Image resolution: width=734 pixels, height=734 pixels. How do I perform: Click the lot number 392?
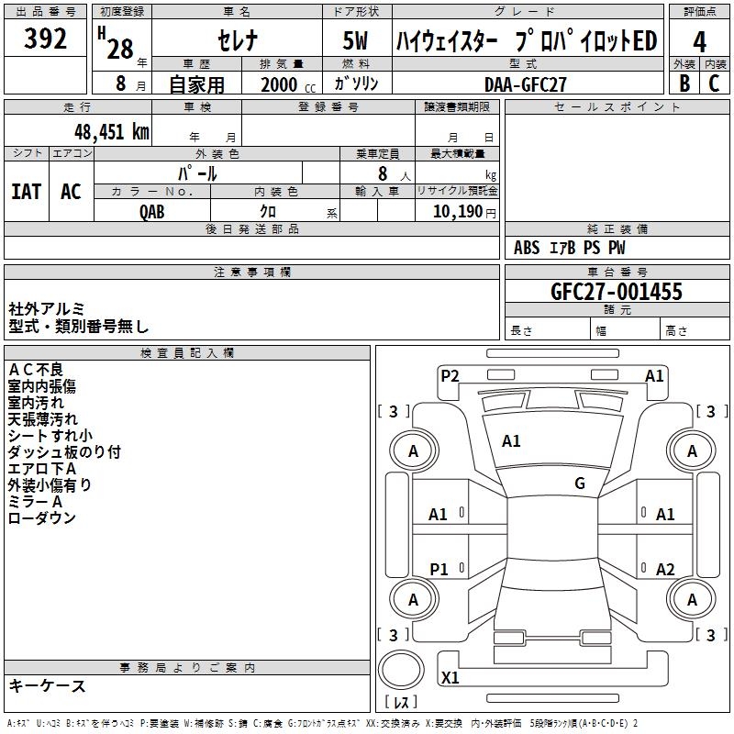pos(46,39)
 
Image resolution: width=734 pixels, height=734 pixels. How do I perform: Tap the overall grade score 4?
pos(699,41)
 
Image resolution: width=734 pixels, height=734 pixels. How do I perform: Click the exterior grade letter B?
pos(684,83)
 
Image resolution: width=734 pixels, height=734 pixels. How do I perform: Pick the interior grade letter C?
pos(714,83)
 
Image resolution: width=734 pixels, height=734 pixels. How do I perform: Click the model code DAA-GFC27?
pos(526,83)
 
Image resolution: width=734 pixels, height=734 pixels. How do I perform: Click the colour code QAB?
pos(152,211)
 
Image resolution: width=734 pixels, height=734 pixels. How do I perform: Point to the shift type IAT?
pos(27,191)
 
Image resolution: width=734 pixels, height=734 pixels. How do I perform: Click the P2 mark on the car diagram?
pos(450,375)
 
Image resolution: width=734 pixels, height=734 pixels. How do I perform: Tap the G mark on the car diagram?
pos(580,484)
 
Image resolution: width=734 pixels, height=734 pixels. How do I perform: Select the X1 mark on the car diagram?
pos(450,678)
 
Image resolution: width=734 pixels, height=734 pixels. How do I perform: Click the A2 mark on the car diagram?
pos(665,569)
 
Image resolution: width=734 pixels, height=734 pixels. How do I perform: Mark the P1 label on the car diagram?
pos(439,569)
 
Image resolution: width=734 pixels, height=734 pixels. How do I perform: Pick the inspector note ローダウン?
pos(42,518)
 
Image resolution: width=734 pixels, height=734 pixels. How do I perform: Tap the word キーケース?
pos(48,686)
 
